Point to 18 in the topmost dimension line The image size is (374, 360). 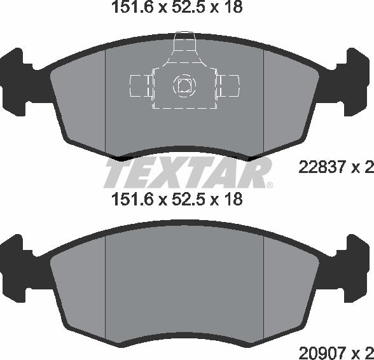[233, 8]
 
